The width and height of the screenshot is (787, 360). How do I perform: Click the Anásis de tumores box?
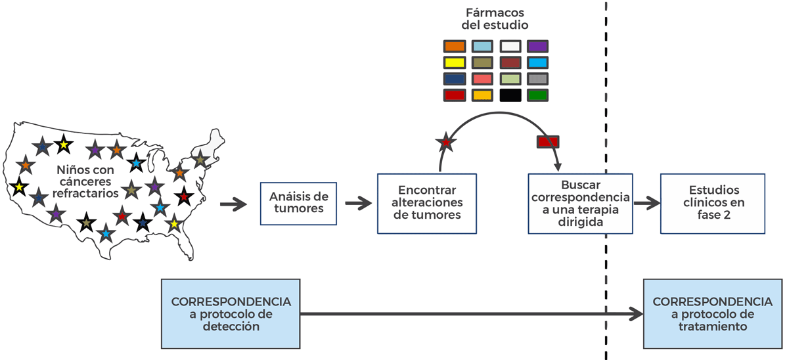[x=298, y=203]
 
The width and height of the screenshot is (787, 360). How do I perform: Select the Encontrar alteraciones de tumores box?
[x=426, y=203]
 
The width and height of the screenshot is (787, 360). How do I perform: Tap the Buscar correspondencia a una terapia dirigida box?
[x=581, y=203]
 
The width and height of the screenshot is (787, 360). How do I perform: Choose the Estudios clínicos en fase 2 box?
[x=713, y=203]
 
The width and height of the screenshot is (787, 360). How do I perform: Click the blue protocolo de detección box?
[x=231, y=313]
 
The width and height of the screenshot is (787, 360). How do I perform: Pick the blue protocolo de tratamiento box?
[x=712, y=313]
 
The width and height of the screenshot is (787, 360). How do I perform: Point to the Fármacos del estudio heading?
[x=495, y=19]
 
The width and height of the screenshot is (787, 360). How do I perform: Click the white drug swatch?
[x=510, y=47]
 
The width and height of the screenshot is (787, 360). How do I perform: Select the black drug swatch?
[x=510, y=95]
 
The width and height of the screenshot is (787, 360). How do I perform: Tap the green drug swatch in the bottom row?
[x=537, y=95]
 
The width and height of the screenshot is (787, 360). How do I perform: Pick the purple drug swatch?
[x=537, y=47]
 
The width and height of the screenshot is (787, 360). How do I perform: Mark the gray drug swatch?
[x=537, y=79]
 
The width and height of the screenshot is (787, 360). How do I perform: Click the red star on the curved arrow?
[x=447, y=141]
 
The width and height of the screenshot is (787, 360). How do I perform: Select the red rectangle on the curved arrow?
[x=548, y=141]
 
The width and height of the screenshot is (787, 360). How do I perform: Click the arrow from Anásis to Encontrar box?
[x=358, y=204]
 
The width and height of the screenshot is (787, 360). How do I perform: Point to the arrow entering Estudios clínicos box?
[x=646, y=204]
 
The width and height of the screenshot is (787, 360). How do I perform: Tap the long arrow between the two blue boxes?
[x=470, y=314]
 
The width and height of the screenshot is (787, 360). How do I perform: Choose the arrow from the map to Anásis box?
[x=233, y=204]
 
